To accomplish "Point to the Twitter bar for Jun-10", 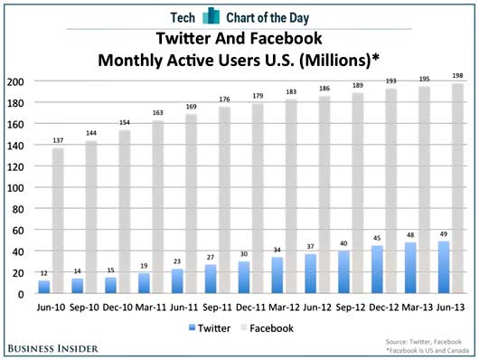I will [x=43, y=287].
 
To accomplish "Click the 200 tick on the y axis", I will [x=16, y=81].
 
